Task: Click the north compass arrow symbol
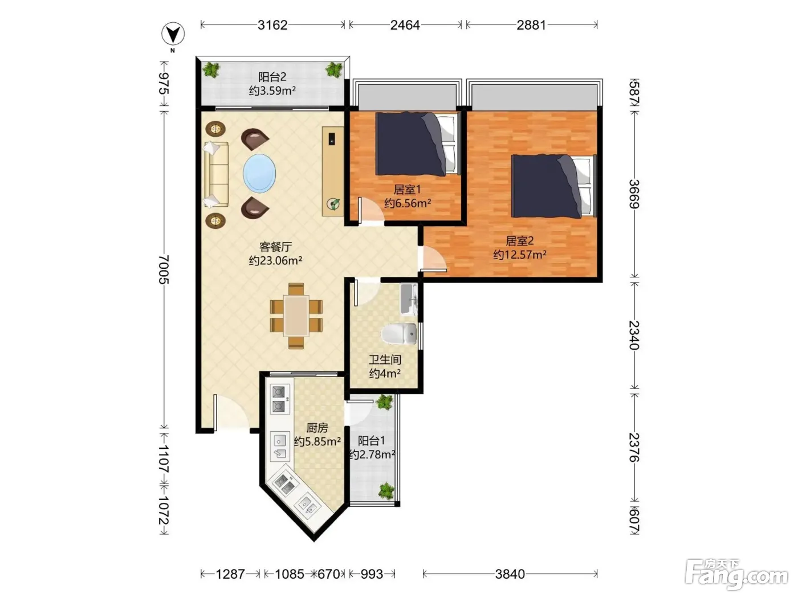click(x=173, y=34)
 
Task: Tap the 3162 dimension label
click(x=272, y=25)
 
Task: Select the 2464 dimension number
click(x=405, y=25)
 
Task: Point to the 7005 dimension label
click(x=164, y=269)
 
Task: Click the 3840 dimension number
click(x=510, y=574)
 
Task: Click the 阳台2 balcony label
click(x=272, y=77)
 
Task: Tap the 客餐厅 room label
click(x=275, y=247)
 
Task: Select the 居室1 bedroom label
click(x=407, y=190)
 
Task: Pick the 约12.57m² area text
click(x=519, y=255)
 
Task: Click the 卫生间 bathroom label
click(x=385, y=359)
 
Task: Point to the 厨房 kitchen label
click(x=317, y=428)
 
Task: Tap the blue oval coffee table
click(x=259, y=174)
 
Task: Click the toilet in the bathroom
click(x=398, y=334)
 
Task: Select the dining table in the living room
click(x=296, y=316)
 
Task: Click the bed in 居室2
click(x=554, y=186)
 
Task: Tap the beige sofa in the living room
click(x=216, y=175)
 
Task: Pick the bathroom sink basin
click(x=409, y=300)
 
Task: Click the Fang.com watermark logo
click(x=736, y=574)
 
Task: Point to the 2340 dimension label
click(x=634, y=335)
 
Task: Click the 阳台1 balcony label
click(x=371, y=441)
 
